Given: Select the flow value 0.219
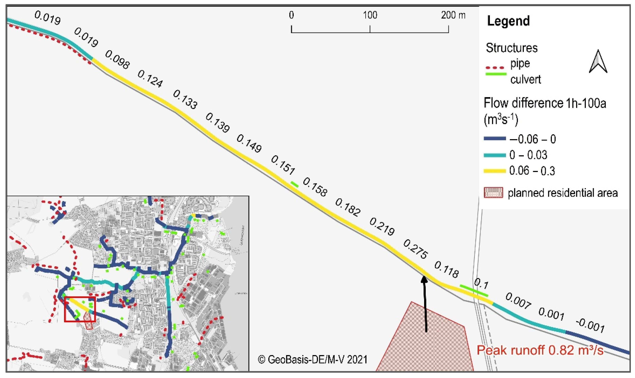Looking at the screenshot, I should pyautogui.click(x=382, y=226).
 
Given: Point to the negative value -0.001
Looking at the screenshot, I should pyautogui.click(x=590, y=326).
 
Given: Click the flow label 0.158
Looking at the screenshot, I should pyautogui.click(x=315, y=187).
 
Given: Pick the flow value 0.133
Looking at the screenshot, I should pyautogui.click(x=185, y=100).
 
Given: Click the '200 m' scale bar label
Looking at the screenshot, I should pyautogui.click(x=453, y=15).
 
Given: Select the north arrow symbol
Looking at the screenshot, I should pyautogui.click(x=598, y=62).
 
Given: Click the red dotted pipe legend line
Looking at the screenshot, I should pyautogui.click(x=495, y=68).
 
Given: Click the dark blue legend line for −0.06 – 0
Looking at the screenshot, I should pyautogui.click(x=495, y=139).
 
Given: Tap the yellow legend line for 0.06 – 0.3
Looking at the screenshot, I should pyautogui.click(x=495, y=171).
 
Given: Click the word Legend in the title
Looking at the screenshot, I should pyautogui.click(x=508, y=21).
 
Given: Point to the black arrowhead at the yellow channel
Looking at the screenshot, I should pyautogui.click(x=424, y=280).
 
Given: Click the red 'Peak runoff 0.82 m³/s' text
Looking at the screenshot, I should pyautogui.click(x=540, y=350).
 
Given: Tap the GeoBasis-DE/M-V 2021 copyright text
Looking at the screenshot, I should pyautogui.click(x=313, y=359).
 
